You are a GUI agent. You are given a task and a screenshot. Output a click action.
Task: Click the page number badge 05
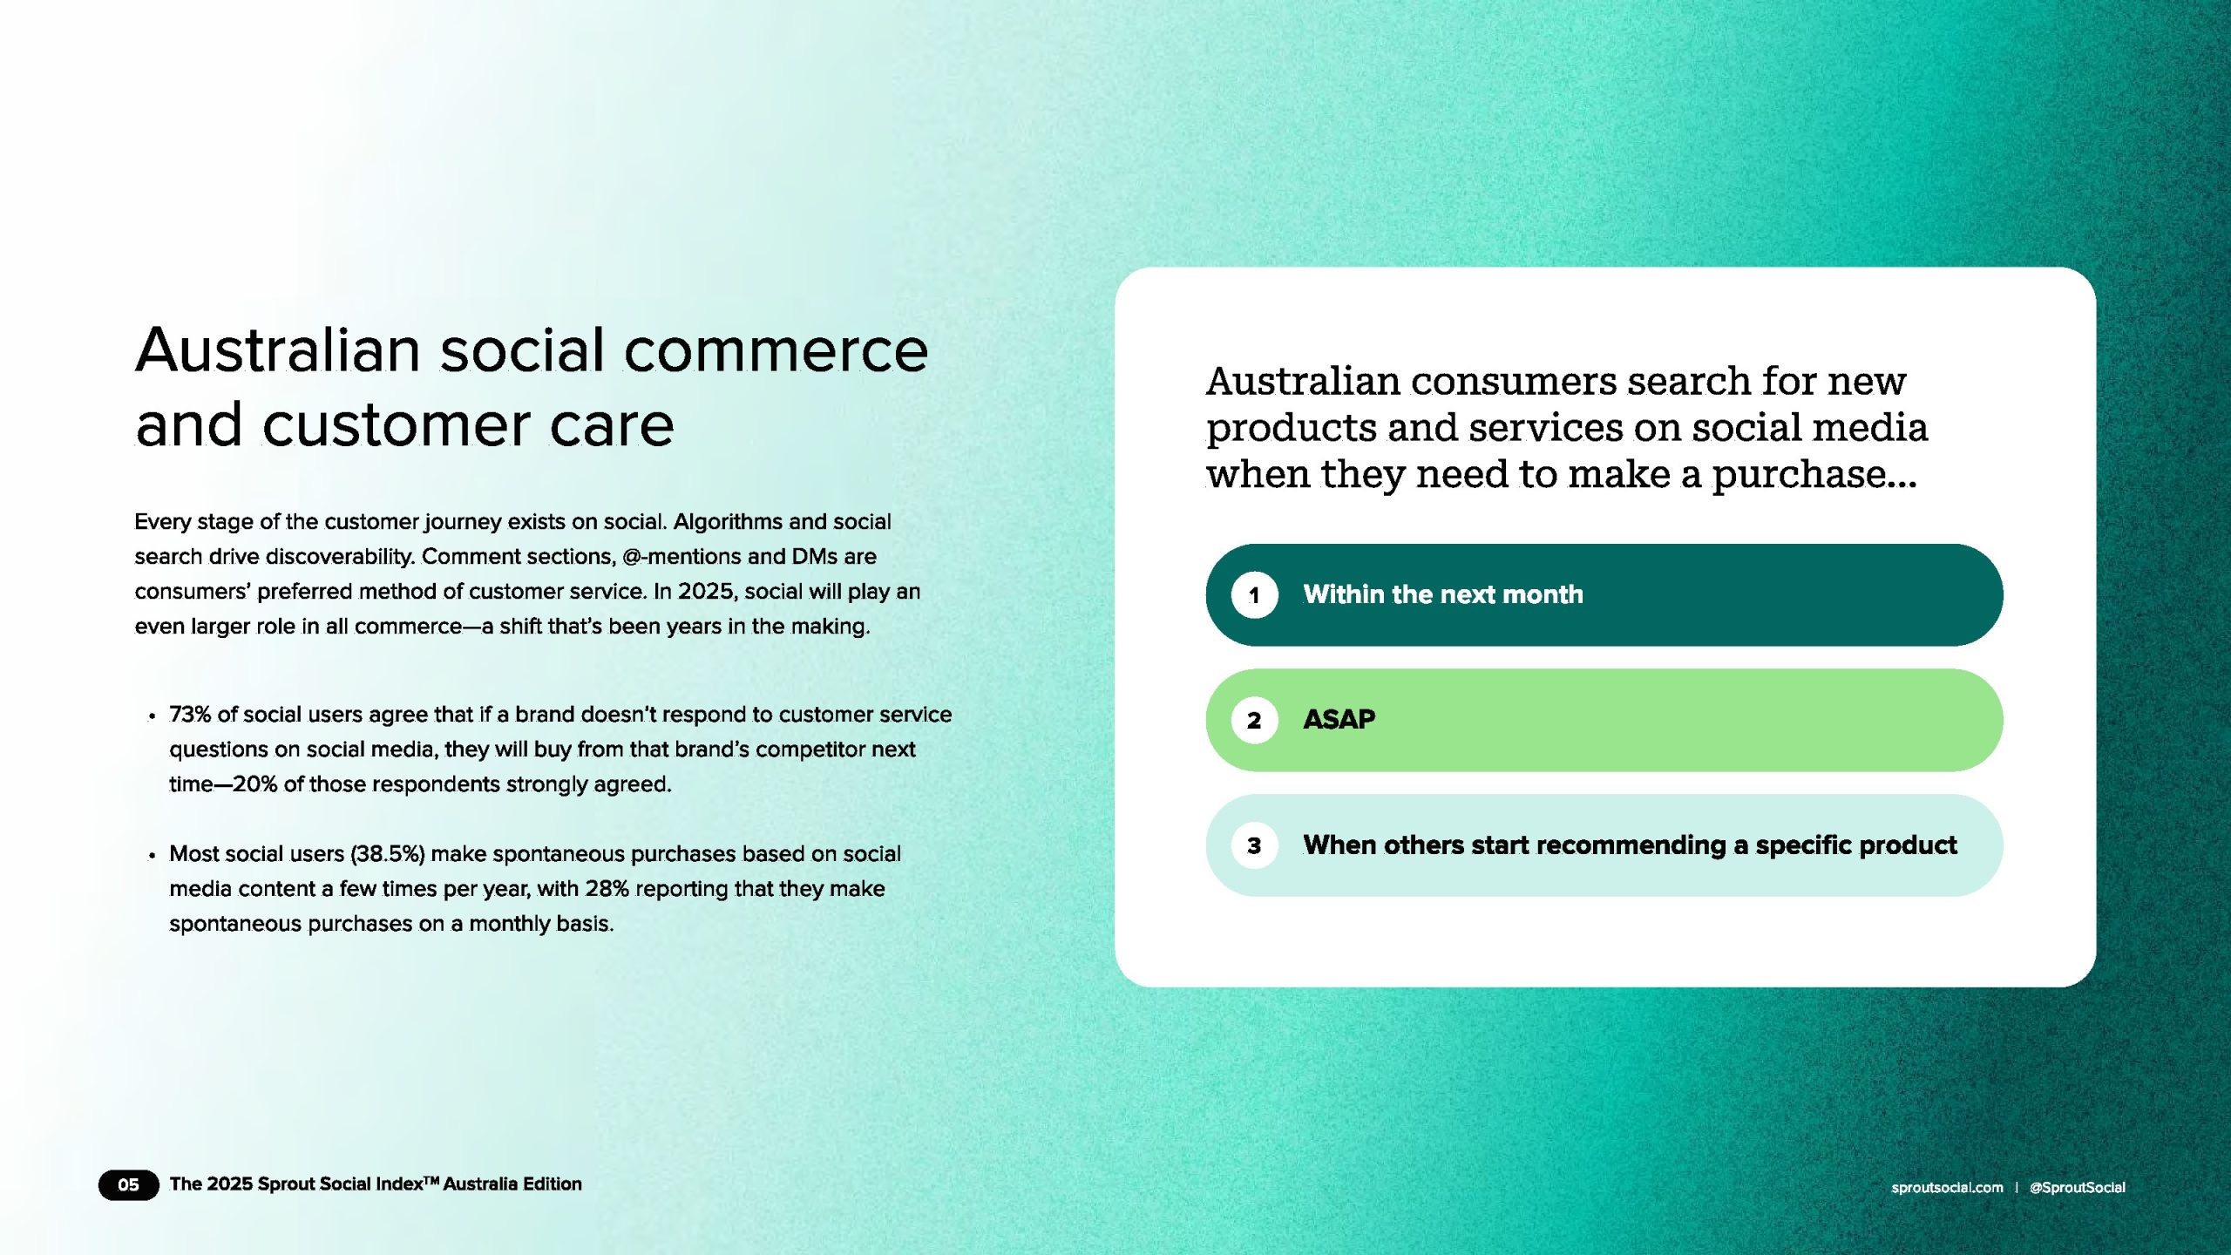point(128,1184)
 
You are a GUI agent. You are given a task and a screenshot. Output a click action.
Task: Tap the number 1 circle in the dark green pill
point(1254,595)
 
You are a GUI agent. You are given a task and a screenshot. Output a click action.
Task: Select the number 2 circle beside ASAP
point(1254,720)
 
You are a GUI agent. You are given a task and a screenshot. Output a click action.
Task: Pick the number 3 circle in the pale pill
point(1254,845)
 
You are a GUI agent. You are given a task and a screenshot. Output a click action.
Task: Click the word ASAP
point(1339,720)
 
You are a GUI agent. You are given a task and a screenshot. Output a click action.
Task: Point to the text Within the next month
point(1443,594)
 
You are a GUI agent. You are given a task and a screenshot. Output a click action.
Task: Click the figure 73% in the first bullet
point(190,715)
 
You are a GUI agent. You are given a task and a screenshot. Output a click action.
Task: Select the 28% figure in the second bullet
point(607,889)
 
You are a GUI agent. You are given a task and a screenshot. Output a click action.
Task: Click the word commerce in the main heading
point(776,350)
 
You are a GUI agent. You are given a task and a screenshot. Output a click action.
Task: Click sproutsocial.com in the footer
point(1947,1187)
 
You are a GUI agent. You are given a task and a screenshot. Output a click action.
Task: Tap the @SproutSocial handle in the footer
point(2078,1187)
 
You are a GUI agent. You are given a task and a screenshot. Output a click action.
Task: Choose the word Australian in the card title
point(1303,382)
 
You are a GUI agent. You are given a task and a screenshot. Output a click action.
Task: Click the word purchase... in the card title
point(1814,475)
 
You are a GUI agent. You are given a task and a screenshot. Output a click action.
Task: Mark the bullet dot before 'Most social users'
point(152,855)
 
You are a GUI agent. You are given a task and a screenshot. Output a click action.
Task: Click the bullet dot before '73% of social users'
point(152,716)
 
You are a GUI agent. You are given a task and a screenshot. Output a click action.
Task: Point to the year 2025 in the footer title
point(230,1184)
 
